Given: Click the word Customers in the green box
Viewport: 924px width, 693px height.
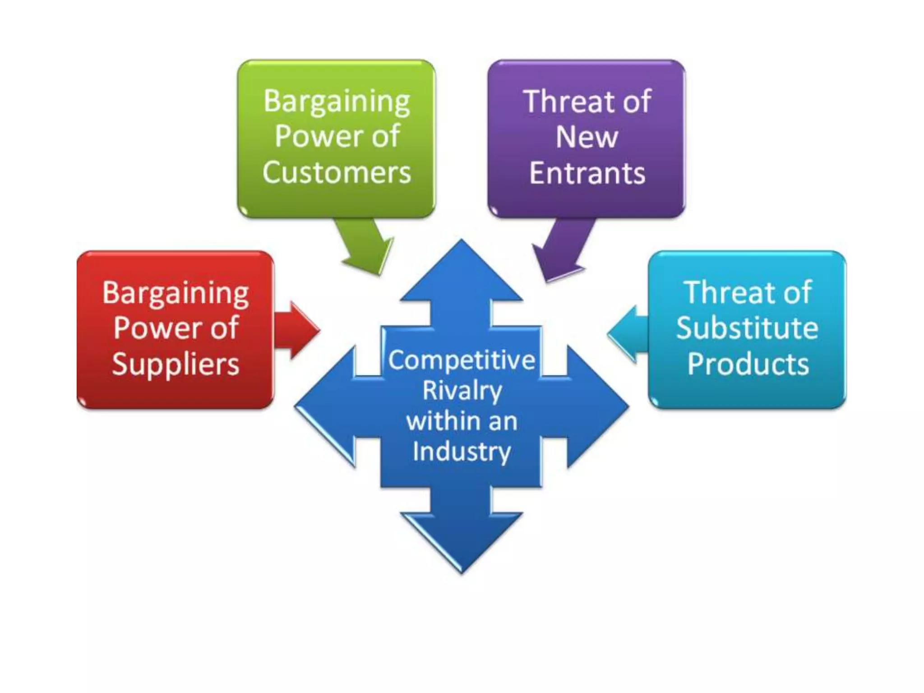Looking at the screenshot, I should tap(337, 173).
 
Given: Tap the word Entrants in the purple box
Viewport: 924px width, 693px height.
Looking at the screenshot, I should tap(587, 174).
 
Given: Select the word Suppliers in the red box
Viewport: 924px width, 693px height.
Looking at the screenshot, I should tap(176, 364).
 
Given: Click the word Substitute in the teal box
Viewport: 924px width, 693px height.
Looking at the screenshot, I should tap(747, 328).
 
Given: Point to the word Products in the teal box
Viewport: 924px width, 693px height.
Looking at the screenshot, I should tap(748, 364).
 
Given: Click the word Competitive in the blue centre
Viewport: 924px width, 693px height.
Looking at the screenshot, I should tap(462, 360).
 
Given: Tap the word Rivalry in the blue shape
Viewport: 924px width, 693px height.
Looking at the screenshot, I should tap(462, 391).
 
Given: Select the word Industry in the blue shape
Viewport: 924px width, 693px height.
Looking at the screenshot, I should tap(462, 452).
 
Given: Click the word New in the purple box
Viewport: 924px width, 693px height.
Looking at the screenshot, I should tap(587, 137).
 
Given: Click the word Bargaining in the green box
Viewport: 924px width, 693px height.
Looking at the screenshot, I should tap(337, 102).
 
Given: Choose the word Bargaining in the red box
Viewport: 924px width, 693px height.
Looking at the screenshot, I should tap(176, 294).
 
